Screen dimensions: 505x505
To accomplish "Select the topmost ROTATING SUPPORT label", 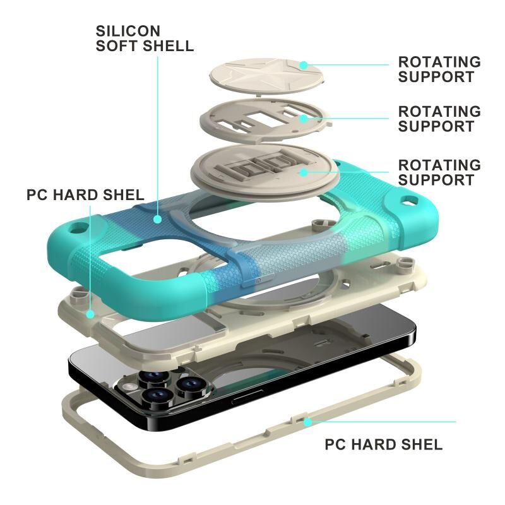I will pos(439,69).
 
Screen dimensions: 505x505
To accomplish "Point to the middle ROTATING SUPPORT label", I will pos(439,119).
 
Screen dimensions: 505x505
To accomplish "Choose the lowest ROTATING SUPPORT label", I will pos(439,172).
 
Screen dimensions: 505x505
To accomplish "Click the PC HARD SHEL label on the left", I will pos(85,194).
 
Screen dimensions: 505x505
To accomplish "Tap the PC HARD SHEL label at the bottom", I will pos(384,444).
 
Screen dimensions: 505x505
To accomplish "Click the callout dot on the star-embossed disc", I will pos(303,64).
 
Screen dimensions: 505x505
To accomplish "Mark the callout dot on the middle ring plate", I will pos(304,118).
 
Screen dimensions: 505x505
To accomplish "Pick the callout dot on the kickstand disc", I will pos(304,172).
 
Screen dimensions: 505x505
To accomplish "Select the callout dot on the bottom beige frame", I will pos(307,421).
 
